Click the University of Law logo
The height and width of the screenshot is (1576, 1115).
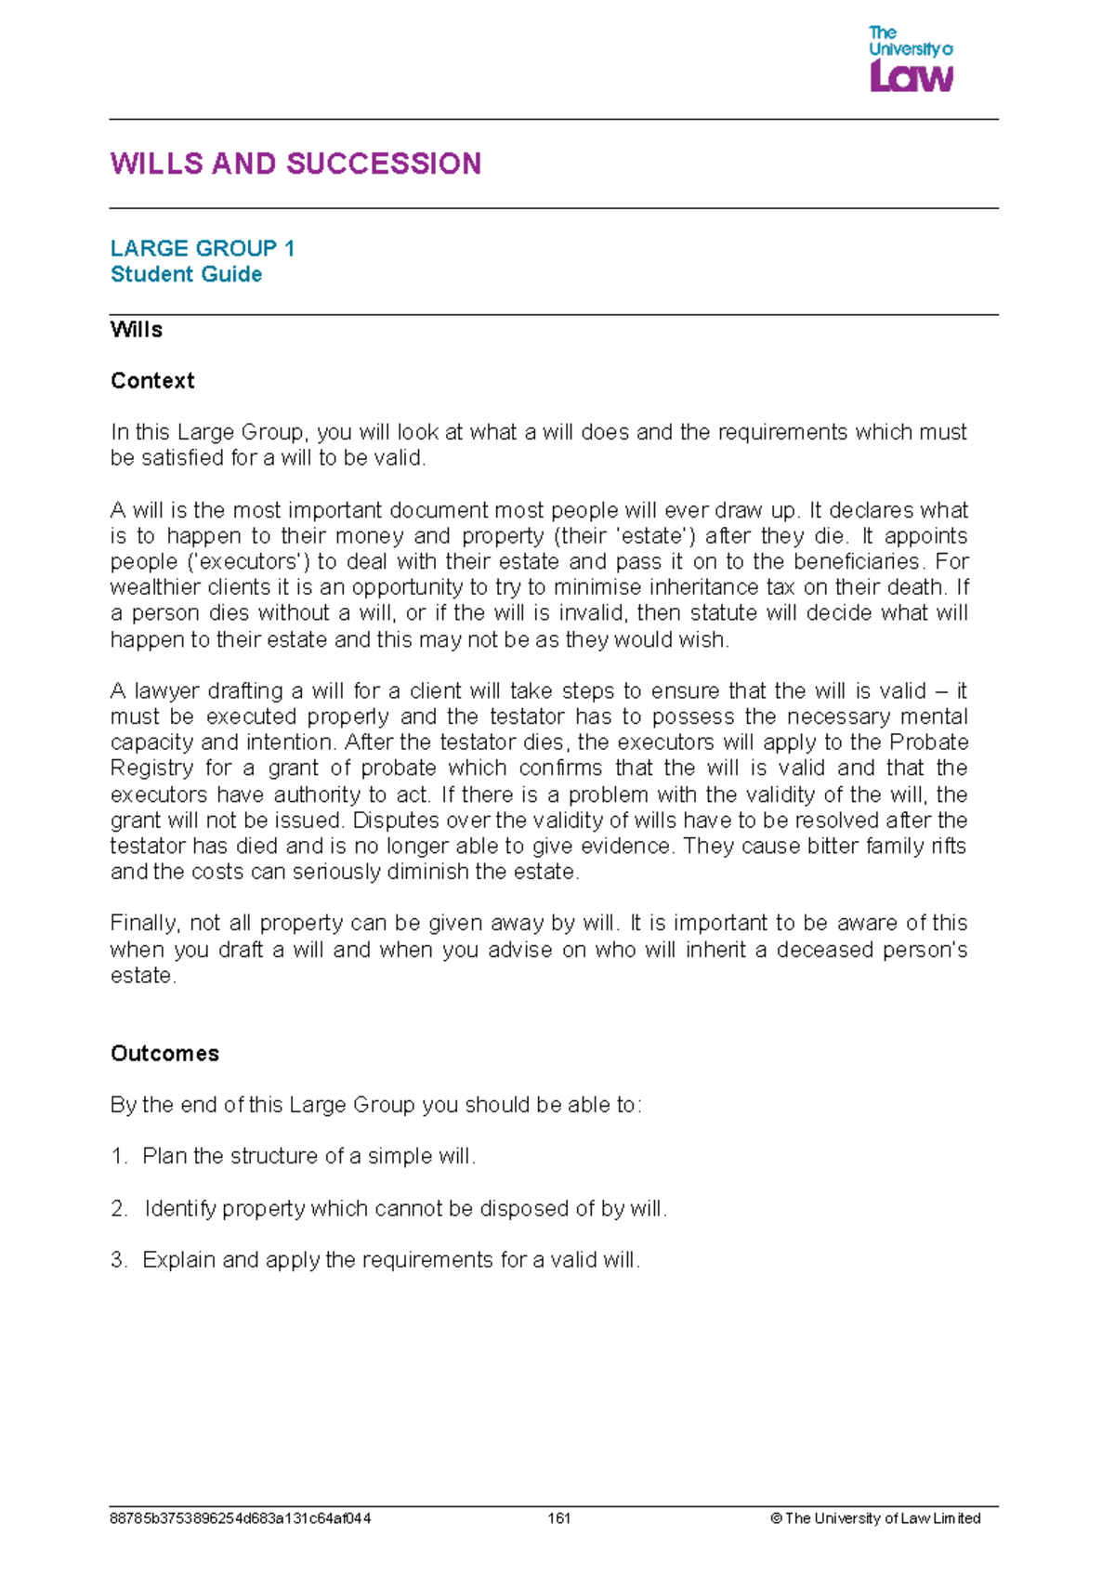[911, 59]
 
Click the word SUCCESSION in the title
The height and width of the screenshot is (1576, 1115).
[384, 164]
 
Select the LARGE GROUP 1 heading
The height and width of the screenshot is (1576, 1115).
[203, 248]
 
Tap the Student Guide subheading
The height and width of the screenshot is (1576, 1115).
[186, 274]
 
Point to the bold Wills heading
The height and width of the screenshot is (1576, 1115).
[136, 330]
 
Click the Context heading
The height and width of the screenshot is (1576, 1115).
[152, 381]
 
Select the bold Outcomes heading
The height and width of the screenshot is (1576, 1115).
[164, 1054]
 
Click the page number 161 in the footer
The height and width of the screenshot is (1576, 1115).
[558, 1518]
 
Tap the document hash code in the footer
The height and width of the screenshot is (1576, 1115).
[240, 1518]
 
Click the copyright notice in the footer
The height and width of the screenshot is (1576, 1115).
[875, 1518]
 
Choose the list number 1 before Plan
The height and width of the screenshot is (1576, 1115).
[118, 1157]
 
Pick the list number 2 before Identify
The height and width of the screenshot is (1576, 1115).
[118, 1209]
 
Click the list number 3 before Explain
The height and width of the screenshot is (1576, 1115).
[118, 1261]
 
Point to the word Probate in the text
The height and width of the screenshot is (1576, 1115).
[928, 742]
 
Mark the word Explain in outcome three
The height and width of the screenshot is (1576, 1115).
[178, 1261]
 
